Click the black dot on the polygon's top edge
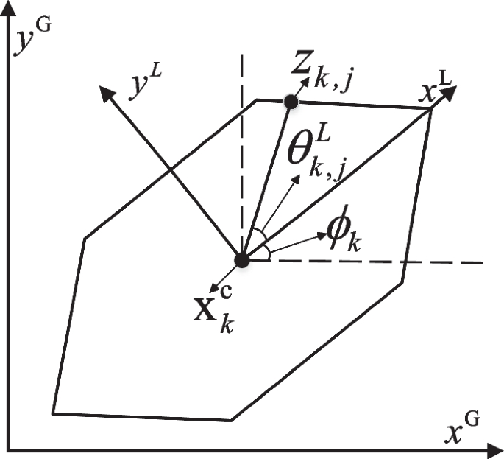tap(291, 102)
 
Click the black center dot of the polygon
tap(241, 260)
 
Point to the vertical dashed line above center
tap(241, 147)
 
